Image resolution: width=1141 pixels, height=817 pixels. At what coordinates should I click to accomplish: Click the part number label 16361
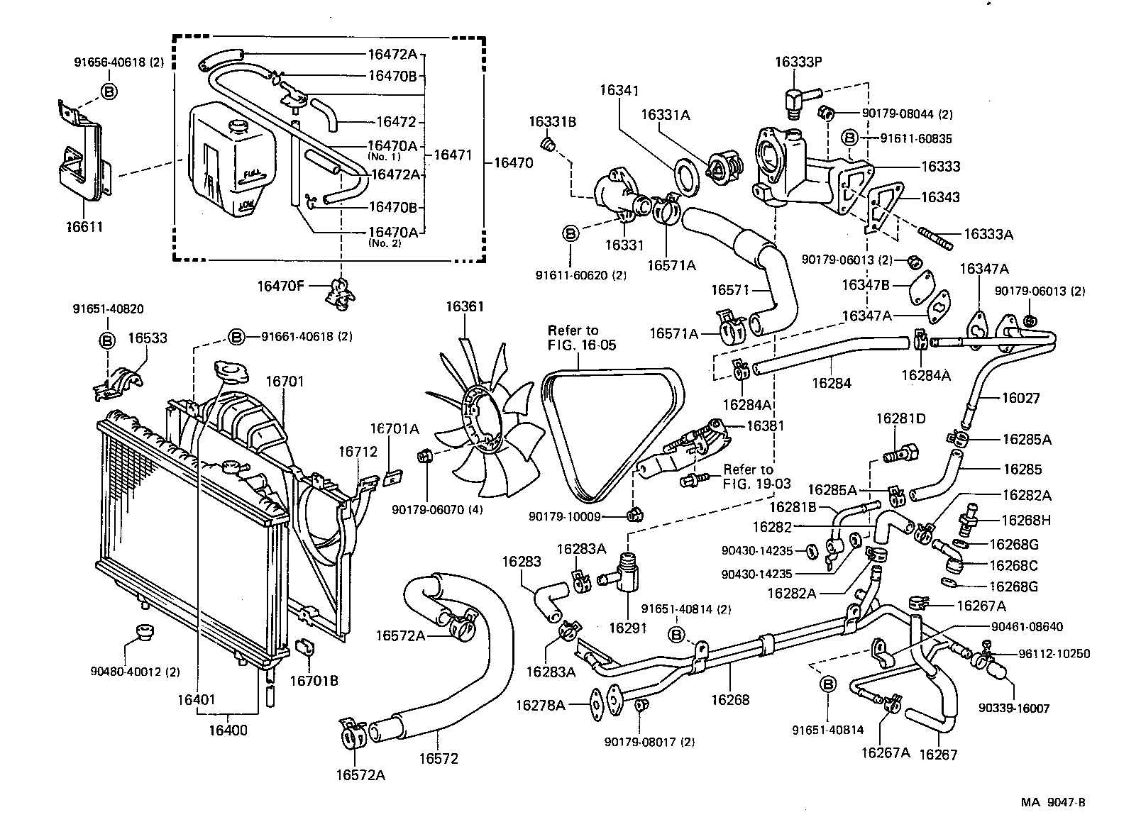(x=464, y=306)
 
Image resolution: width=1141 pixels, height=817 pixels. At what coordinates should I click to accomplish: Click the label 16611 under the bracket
(x=84, y=227)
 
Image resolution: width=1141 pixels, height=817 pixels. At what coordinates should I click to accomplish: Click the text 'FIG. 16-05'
(x=582, y=345)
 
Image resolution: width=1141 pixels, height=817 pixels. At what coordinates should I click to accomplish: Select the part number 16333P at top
(x=798, y=62)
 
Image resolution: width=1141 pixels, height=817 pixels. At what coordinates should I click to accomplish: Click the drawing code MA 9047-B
(x=1053, y=803)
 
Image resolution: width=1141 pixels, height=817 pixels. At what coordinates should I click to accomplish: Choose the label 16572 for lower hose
(x=438, y=758)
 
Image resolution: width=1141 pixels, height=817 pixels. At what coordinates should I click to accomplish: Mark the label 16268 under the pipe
(x=730, y=700)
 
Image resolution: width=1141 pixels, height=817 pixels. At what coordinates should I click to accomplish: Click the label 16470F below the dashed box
(x=280, y=286)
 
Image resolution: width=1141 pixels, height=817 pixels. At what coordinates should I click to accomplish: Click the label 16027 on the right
(x=1020, y=399)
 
